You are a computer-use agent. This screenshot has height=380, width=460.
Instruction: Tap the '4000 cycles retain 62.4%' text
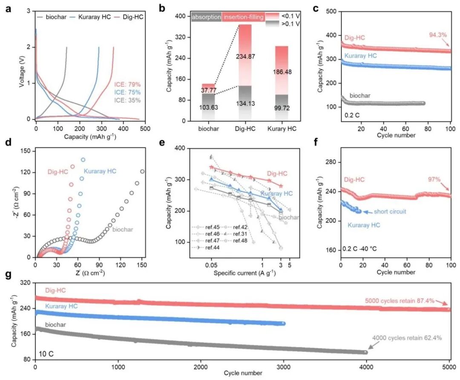pos(407,338)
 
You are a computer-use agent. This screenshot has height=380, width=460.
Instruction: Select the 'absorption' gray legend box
pos(206,17)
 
